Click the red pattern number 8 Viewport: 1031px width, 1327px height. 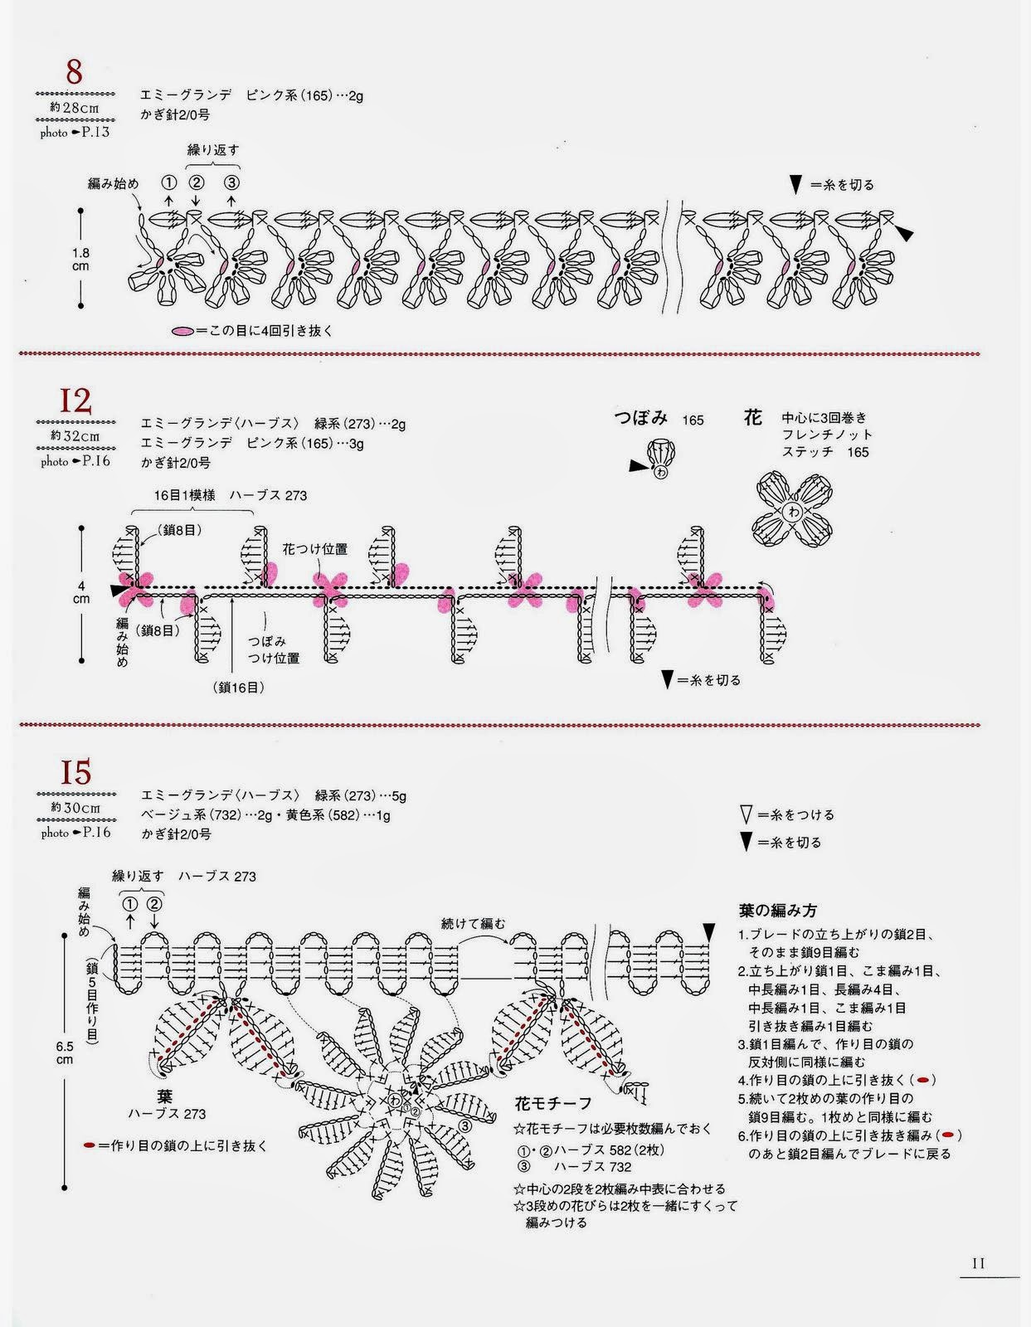pyautogui.click(x=74, y=72)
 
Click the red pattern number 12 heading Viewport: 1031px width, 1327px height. pyautogui.click(x=73, y=401)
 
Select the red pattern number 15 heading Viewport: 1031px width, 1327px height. pyautogui.click(x=74, y=773)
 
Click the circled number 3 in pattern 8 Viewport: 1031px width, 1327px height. pyautogui.click(x=231, y=182)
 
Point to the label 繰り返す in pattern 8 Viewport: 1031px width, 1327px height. pyautogui.click(x=213, y=150)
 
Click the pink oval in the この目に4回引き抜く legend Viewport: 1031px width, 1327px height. pyautogui.click(x=182, y=331)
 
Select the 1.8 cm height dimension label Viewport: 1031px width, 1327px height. pyautogui.click(x=80, y=259)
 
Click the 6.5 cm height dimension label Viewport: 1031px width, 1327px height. pyautogui.click(x=65, y=1052)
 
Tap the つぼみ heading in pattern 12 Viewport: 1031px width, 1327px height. pyautogui.click(x=641, y=418)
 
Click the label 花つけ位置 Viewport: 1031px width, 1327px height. pyautogui.click(x=314, y=548)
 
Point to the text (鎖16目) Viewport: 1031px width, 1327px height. pyautogui.click(x=239, y=687)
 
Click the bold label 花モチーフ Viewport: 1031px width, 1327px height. pyautogui.click(x=553, y=1103)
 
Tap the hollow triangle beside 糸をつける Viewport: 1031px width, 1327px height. pyautogui.click(x=747, y=815)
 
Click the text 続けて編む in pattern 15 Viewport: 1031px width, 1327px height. pyautogui.click(x=473, y=923)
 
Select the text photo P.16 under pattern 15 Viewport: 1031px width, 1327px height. pyautogui.click(x=75, y=833)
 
